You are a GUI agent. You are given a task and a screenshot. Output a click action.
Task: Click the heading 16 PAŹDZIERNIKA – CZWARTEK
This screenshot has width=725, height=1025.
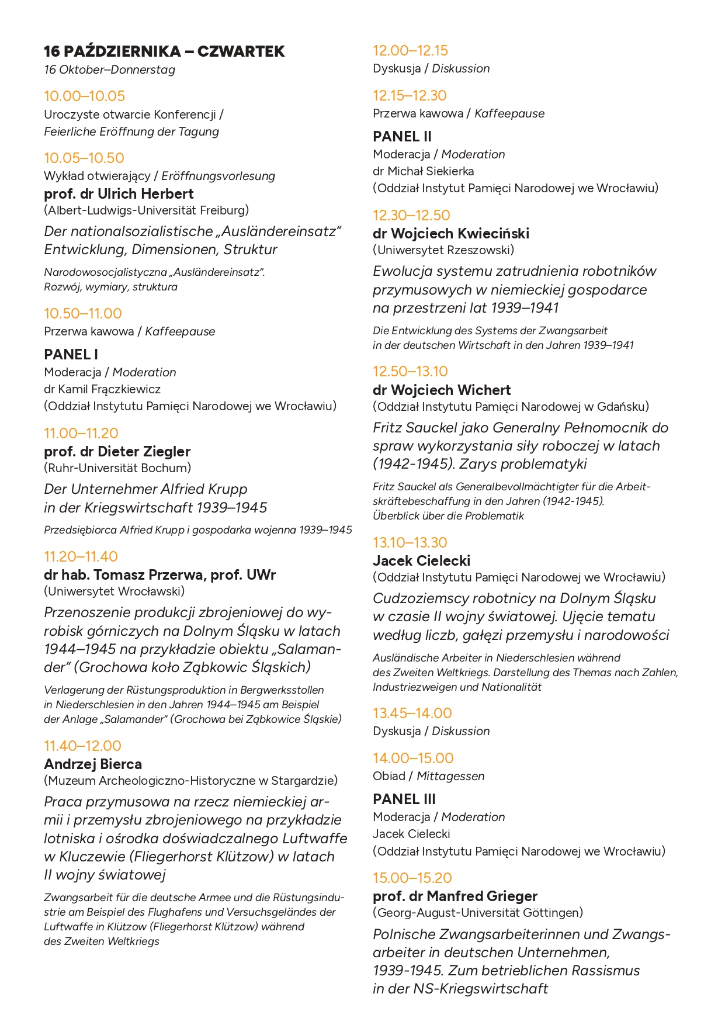pyautogui.click(x=164, y=51)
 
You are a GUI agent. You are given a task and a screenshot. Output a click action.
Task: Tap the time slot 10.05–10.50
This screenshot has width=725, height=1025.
pyautogui.click(x=84, y=158)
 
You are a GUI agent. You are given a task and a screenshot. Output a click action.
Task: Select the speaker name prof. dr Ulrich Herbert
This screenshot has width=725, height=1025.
pyautogui.click(x=119, y=193)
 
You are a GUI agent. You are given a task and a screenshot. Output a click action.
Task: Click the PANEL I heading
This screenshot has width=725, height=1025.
pyautogui.click(x=71, y=354)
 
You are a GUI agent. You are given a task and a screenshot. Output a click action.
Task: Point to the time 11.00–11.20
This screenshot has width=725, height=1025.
pyautogui.click(x=81, y=433)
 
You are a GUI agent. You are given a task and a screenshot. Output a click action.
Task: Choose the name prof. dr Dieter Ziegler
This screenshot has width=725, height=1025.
pyautogui.click(x=117, y=451)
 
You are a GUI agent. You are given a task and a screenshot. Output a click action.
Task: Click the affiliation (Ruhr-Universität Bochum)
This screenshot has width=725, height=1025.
pyautogui.click(x=117, y=468)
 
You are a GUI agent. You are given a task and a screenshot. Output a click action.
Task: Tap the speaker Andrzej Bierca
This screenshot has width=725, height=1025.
pyautogui.click(x=93, y=764)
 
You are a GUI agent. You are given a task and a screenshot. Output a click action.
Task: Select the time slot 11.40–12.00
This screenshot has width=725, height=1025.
pyautogui.click(x=83, y=746)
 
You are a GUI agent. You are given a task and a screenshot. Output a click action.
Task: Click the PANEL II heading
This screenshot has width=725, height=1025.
pyautogui.click(x=402, y=136)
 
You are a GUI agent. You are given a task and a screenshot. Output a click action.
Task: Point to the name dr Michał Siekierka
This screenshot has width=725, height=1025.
pyautogui.click(x=424, y=171)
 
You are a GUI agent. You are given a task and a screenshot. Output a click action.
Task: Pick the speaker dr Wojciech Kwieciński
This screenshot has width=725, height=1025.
pyautogui.click(x=451, y=233)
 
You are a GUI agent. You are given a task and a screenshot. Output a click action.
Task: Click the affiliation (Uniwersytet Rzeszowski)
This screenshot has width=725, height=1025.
pyautogui.click(x=443, y=250)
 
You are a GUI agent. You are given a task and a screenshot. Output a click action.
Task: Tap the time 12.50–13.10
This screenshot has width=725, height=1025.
pyautogui.click(x=410, y=371)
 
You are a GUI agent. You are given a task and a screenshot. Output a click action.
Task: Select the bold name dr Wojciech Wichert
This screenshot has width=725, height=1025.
pyautogui.click(x=442, y=390)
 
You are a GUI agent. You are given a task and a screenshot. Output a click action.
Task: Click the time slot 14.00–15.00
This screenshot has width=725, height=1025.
pyautogui.click(x=413, y=758)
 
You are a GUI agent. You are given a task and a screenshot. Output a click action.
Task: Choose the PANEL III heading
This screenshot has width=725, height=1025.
pyautogui.click(x=404, y=799)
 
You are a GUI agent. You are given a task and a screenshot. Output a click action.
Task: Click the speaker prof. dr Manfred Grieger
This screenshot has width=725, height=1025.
pyautogui.click(x=455, y=896)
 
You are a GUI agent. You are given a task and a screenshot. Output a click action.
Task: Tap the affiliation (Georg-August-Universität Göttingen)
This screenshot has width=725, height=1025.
pyautogui.click(x=478, y=913)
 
